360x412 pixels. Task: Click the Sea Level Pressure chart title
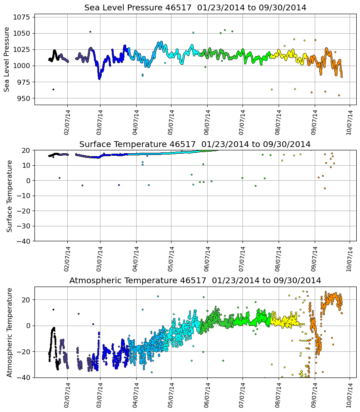[x=195, y=7]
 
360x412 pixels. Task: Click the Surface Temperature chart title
[x=195, y=144]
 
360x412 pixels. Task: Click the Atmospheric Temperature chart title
[x=195, y=280]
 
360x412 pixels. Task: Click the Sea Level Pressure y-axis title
[x=7, y=59]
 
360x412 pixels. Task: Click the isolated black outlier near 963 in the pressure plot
[x=53, y=89]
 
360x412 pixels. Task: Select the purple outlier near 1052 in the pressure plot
[x=90, y=32]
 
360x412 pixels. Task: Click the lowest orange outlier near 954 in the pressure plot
[x=339, y=95]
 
